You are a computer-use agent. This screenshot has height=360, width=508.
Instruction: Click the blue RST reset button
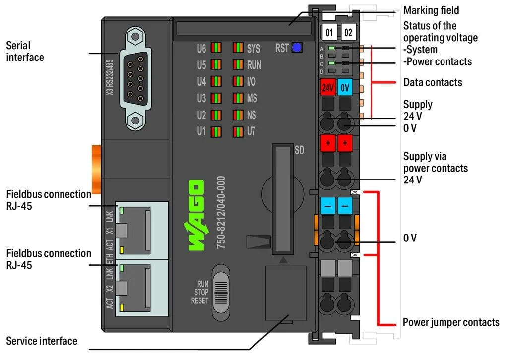point(297,48)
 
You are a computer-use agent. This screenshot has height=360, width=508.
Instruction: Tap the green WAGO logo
point(195,216)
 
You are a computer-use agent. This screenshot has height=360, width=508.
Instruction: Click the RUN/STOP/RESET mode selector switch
point(221,293)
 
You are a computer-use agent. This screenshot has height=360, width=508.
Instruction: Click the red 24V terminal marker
point(327,88)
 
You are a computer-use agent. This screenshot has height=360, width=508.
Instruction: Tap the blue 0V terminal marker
point(345,88)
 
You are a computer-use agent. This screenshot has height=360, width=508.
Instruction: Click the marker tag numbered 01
point(329,33)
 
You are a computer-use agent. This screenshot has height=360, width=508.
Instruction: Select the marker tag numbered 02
point(348,33)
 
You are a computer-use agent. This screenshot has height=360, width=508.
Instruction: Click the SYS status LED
point(238,48)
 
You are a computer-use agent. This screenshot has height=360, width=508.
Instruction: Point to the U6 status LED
point(216,48)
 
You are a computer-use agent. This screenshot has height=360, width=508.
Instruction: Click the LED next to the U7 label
point(238,132)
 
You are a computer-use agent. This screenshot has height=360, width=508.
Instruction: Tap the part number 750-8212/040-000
point(221,212)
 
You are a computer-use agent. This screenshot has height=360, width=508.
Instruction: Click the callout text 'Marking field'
point(431,10)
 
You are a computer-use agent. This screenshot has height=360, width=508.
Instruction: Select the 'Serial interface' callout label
point(25,52)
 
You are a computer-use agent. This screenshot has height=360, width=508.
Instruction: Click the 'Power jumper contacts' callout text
point(450,322)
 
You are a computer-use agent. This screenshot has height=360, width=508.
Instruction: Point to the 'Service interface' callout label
point(42,341)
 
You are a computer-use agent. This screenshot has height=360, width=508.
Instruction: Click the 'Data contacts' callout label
point(433,82)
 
